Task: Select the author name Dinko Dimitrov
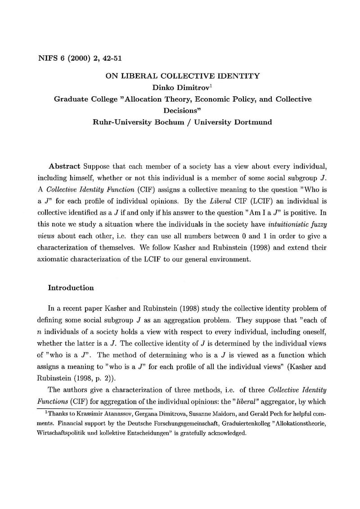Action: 176,88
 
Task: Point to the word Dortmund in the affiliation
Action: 252,122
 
